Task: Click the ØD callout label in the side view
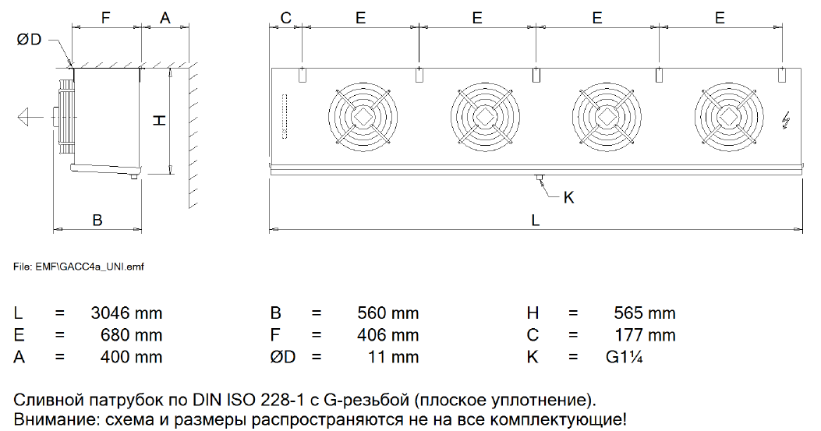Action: click(29, 40)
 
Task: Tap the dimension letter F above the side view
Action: click(106, 18)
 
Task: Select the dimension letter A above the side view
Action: click(165, 18)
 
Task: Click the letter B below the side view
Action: click(97, 220)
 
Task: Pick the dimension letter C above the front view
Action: click(286, 18)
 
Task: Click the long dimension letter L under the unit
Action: click(535, 220)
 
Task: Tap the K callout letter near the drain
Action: click(568, 197)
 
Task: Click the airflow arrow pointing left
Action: click(30, 116)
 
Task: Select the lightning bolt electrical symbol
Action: click(785, 121)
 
